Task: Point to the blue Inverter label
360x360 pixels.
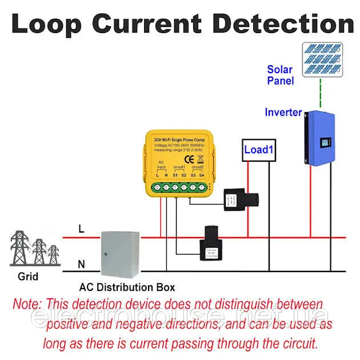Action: [283, 113]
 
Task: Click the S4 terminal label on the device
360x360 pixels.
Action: [202, 174]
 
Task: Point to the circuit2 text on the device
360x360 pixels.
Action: [197, 167]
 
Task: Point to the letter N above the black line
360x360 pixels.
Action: [81, 265]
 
